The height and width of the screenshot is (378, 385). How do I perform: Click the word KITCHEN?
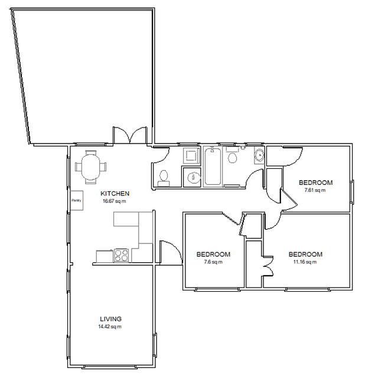pos(115,194)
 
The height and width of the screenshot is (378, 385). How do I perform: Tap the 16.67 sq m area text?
pos(113,201)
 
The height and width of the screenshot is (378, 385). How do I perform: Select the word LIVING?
pos(111,319)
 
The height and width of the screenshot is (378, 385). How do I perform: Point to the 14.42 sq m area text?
pos(111,327)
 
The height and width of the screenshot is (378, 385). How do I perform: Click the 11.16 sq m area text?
pos(305,262)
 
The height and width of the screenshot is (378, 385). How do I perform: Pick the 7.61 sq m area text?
pos(315,190)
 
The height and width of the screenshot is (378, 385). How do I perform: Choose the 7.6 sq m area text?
pos(213,262)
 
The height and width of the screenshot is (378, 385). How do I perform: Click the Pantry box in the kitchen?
pos(76,200)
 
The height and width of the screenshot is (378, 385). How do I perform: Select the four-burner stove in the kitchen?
pos(122,256)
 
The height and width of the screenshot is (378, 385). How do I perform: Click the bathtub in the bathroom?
pos(213,168)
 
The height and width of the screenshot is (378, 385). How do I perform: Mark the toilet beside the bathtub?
pos(232,157)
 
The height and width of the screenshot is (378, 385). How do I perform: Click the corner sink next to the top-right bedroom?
pos(259,155)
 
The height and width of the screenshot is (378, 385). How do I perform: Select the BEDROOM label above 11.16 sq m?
pos(305,255)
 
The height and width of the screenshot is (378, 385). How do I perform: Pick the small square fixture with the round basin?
pos(191,176)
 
